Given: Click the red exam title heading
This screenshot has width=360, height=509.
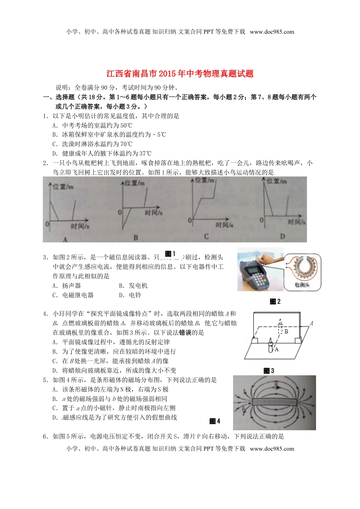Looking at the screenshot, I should (180, 74).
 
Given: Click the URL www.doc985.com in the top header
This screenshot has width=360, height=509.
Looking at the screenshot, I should (272, 32).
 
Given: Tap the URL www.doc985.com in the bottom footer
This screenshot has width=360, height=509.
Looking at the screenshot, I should (272, 449).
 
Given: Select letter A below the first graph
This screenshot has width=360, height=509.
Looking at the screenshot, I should (65, 239).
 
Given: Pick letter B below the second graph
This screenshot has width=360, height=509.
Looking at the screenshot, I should (136, 238).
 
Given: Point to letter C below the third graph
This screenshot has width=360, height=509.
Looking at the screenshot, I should (206, 237).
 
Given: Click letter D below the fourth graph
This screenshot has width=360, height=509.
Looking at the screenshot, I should (282, 237).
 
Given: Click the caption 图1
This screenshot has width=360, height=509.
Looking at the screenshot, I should (170, 254).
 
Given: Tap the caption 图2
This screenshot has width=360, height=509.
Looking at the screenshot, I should (275, 301).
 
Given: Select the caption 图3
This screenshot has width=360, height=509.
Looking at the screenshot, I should (269, 371).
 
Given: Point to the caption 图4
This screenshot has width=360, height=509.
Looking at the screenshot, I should (215, 421).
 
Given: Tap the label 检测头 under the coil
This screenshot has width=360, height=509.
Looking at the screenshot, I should (302, 285).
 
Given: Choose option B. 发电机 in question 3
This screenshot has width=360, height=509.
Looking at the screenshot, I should (133, 286).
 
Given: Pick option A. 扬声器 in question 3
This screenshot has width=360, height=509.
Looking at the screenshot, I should (67, 286).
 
